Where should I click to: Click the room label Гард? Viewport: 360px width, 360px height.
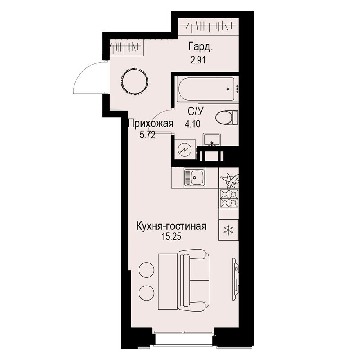pyautogui.click(x=201, y=47)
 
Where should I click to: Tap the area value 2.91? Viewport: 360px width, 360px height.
pyautogui.click(x=198, y=60)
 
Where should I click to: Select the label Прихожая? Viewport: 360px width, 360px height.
pyautogui.click(x=151, y=124)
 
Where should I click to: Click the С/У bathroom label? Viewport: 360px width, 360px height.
pyautogui.click(x=196, y=112)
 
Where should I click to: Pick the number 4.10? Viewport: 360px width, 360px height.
pyautogui.click(x=193, y=124)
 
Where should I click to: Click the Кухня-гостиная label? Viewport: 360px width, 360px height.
pyautogui.click(x=171, y=226)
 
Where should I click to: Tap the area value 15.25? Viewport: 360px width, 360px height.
pyautogui.click(x=171, y=237)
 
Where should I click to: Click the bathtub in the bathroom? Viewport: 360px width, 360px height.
pyautogui.click(x=206, y=89)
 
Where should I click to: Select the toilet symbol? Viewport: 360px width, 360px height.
pyautogui.click(x=227, y=117)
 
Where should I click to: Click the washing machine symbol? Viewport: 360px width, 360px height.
pyautogui.click(x=185, y=149)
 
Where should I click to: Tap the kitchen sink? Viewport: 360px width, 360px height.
pyautogui.click(x=194, y=178)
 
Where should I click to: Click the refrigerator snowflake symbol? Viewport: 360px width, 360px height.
pyautogui.click(x=229, y=230)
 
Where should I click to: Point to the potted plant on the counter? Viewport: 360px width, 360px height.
pyautogui.click(x=230, y=180)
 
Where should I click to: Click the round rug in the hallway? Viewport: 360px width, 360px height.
pyautogui.click(x=135, y=82)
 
